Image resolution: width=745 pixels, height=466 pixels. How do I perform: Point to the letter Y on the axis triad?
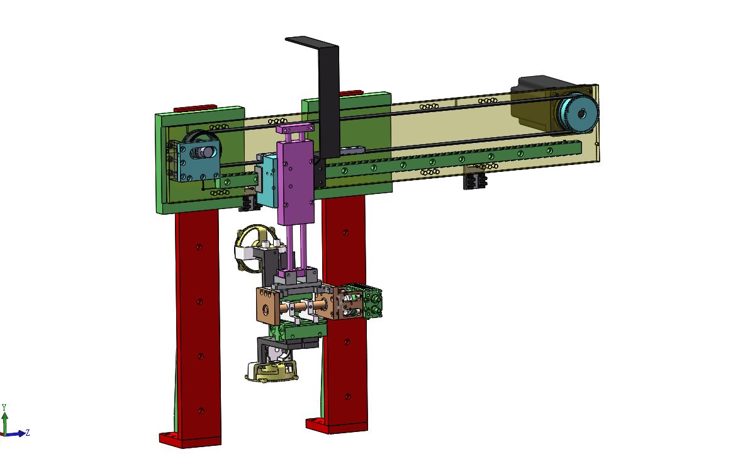pyautogui.click(x=4, y=407)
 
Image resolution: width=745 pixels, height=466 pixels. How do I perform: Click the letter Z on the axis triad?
pyautogui.click(x=28, y=432)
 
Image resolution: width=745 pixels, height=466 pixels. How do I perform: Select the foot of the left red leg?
pyautogui.click(x=183, y=440)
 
